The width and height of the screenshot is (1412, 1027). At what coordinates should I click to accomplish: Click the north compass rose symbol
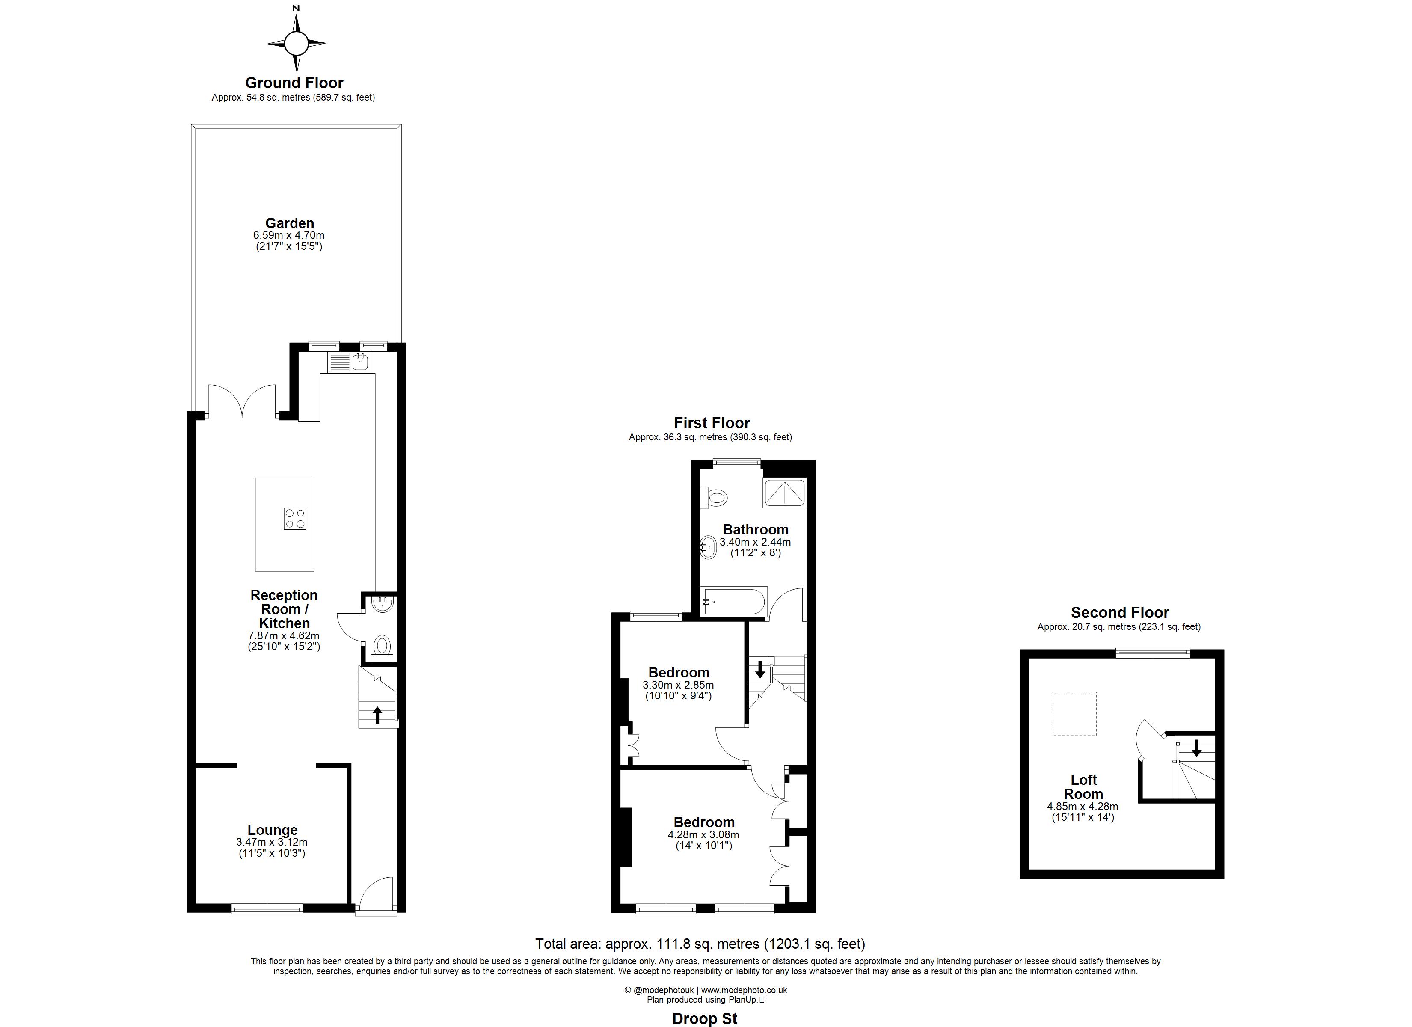(x=297, y=43)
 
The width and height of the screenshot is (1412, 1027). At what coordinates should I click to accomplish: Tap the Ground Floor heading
(x=294, y=83)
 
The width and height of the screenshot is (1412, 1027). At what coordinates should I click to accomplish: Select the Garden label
(x=290, y=223)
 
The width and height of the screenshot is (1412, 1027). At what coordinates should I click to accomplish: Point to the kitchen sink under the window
(x=350, y=362)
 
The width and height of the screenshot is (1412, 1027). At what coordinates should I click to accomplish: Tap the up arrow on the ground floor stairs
(x=377, y=714)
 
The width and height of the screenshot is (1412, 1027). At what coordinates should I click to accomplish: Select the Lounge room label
(x=273, y=830)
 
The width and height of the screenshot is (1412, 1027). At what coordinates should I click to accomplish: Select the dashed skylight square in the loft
(x=1074, y=714)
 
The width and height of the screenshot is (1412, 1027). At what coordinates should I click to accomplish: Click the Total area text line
(x=700, y=944)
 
